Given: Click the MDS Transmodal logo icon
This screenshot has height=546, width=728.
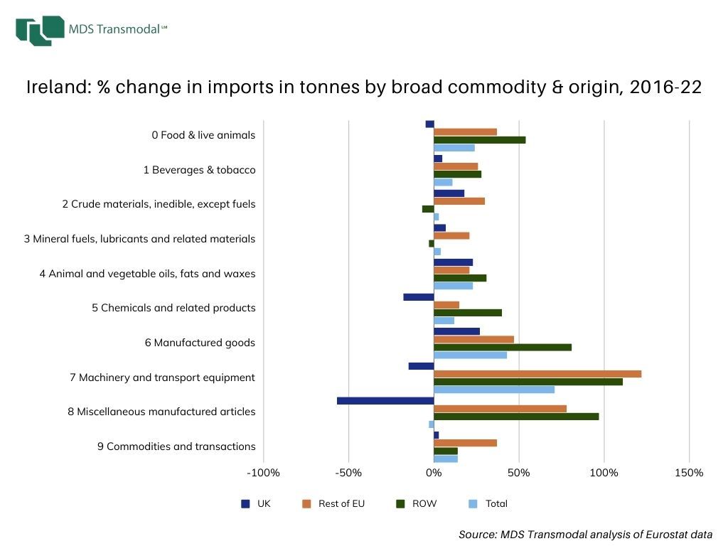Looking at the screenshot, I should (x=39, y=30).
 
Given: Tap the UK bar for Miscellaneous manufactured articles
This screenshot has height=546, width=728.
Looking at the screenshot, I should (x=385, y=400).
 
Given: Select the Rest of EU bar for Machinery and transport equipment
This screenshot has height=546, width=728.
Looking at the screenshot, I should (x=537, y=374).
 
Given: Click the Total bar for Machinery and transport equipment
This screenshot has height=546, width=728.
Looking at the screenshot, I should (x=494, y=389).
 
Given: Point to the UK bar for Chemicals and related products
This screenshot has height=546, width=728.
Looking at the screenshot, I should (x=419, y=296).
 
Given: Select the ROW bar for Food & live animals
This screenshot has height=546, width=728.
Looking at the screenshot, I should (x=480, y=139).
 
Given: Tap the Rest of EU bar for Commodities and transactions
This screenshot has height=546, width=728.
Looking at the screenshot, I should (x=465, y=443).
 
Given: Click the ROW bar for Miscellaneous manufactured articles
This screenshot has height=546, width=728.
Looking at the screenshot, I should (x=516, y=416).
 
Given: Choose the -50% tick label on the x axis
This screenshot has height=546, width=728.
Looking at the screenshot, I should (x=348, y=473).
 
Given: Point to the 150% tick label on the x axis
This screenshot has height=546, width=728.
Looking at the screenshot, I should (x=689, y=473).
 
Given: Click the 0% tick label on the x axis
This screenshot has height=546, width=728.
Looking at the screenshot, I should (x=434, y=473).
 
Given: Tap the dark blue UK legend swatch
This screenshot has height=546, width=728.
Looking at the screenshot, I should (x=246, y=503).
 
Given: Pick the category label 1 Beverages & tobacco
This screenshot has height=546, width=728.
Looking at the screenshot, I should (x=199, y=170).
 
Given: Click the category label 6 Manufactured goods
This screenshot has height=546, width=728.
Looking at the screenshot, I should (x=200, y=343).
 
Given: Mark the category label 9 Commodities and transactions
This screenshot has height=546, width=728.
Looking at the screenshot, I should (x=176, y=446).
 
